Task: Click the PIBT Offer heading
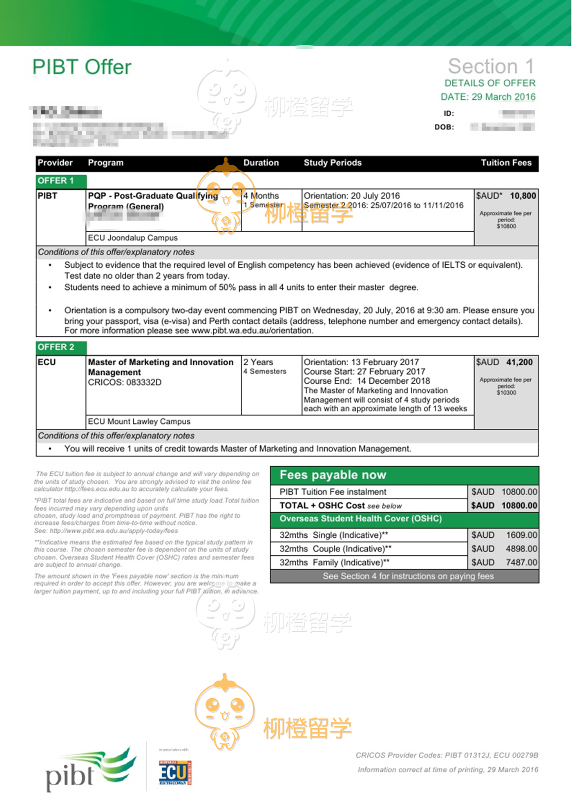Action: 82,67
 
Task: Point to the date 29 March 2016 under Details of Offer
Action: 503,97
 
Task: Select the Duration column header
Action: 261,163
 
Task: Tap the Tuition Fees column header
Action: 506,163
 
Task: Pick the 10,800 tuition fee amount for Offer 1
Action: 523,196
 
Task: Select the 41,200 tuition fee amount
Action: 519,362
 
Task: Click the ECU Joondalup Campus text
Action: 133,238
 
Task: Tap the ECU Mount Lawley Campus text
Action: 139,421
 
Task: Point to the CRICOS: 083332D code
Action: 125,382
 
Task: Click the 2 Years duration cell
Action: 258,362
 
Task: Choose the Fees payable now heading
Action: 333,475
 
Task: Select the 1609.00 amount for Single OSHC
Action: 521,535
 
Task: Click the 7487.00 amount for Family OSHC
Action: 521,562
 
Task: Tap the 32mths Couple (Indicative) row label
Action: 335,549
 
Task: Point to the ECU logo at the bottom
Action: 175,772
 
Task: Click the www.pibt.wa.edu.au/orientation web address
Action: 252,331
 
